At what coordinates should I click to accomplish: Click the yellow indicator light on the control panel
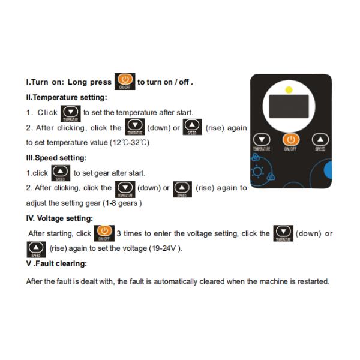tap(289, 90)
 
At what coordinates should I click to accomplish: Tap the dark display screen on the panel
tap(289, 106)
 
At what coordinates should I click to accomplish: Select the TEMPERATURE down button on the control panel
tap(262, 139)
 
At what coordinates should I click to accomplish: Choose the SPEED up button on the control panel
tap(320, 139)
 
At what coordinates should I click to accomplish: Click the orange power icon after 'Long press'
tap(125, 82)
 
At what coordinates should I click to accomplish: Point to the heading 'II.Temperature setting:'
tap(67, 97)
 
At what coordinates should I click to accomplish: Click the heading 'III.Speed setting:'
tap(56, 158)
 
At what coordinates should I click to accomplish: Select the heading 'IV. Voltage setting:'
tap(59, 218)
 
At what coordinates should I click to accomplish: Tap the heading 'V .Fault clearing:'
tap(56, 263)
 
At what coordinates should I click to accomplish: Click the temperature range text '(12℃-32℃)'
tap(129, 143)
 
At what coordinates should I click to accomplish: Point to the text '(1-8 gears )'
tap(122, 203)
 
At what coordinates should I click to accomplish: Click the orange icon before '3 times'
tap(104, 233)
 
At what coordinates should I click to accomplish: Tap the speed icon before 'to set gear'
tap(61, 173)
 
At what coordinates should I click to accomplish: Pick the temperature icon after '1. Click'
tap(70, 113)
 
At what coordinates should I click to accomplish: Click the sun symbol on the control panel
tap(257, 172)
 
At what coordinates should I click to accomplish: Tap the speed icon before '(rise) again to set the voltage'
tap(36, 250)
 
